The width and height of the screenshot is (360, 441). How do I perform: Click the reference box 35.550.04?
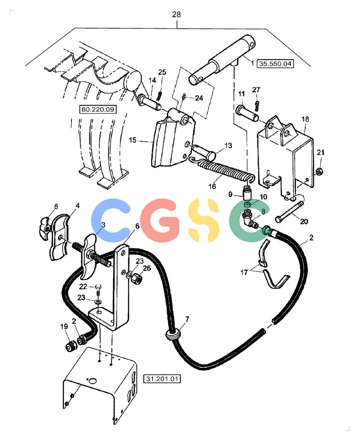pos(275,64)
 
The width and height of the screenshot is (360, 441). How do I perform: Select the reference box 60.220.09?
pos(97,109)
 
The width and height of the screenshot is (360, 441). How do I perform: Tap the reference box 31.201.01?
pos(162,379)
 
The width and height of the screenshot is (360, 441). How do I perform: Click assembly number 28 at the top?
pos(176,15)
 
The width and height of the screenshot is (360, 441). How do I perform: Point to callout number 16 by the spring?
pos(212,186)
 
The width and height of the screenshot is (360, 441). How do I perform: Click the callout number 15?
pos(132,140)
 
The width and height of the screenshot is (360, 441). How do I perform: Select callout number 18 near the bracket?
pos(305,119)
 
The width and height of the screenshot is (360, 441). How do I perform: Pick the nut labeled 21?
pos(319,171)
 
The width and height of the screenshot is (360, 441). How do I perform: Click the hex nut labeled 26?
pos(137,279)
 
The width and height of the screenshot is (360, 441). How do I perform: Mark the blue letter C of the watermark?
pos(110,220)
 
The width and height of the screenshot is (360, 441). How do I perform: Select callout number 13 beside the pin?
pos(228,146)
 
